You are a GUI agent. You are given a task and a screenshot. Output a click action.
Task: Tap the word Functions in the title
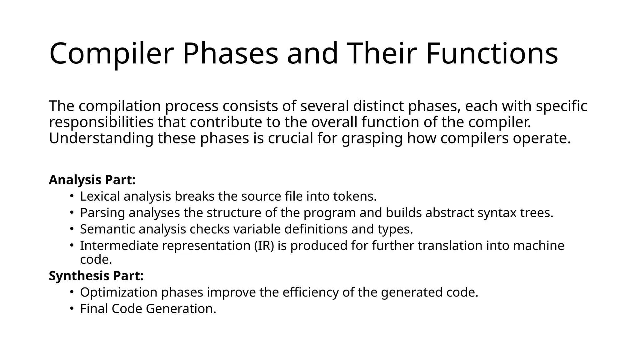tap(492, 54)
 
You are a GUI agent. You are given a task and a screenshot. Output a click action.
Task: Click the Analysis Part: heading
tap(92, 180)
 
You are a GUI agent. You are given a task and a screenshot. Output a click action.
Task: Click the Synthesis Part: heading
tap(96, 276)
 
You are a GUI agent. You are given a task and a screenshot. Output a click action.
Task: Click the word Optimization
tap(118, 292)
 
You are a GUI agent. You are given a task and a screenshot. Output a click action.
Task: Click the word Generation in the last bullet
tap(181, 309)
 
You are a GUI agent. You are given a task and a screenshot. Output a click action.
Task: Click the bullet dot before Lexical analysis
tap(72, 196)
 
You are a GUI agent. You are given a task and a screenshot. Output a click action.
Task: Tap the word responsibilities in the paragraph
tap(101, 122)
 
